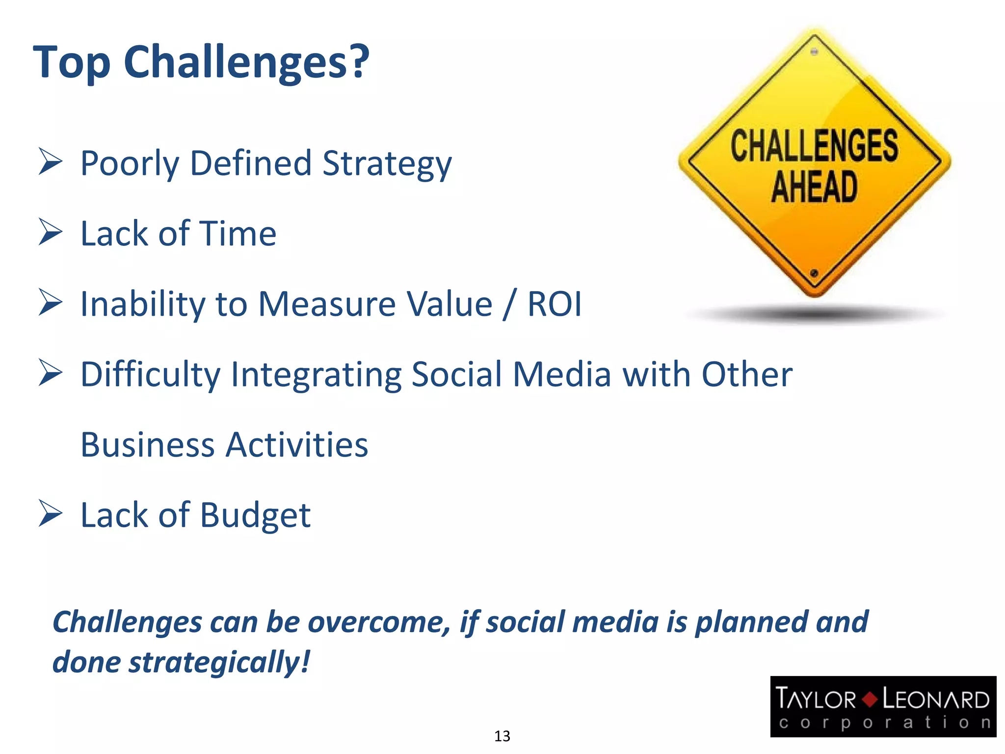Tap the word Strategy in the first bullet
point(387,164)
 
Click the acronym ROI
point(554,304)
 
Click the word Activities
point(297,445)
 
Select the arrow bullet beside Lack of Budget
point(51,513)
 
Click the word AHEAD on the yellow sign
point(814,187)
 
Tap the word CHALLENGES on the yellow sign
point(814,146)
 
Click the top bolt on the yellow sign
point(814,52)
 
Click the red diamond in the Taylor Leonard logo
point(869,699)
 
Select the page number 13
point(502,736)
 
